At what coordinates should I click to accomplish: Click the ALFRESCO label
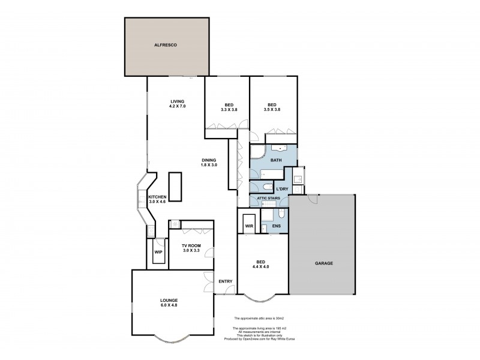[167, 45]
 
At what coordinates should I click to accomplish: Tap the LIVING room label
[177, 101]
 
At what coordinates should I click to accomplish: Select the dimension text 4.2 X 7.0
[177, 106]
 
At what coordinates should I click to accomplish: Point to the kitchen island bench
[175, 186]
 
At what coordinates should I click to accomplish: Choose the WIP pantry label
[158, 252]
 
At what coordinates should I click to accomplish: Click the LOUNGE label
[169, 300]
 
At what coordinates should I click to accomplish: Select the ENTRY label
[225, 281]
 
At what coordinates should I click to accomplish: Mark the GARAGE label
[323, 263]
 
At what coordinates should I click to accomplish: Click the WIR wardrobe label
[249, 226]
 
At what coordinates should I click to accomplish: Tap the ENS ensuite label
[276, 226]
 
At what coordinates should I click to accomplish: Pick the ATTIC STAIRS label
[269, 199]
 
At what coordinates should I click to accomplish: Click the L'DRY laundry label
[283, 189]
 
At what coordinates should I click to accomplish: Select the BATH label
[275, 160]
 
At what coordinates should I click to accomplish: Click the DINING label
[209, 160]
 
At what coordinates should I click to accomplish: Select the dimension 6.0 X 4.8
[169, 305]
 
